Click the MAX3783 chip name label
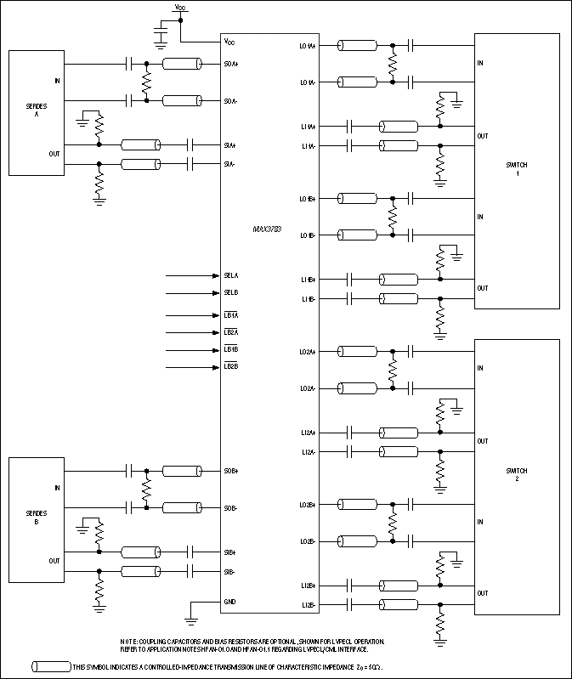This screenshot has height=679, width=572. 267,229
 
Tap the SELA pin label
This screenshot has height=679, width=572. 231,276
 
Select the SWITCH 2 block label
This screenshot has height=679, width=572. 517,475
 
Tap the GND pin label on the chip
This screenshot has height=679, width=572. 230,602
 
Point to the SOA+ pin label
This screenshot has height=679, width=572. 230,64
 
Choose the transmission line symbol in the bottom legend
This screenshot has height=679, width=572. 50,666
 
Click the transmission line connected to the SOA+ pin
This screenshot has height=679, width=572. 181,64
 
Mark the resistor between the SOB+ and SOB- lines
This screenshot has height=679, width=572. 147,489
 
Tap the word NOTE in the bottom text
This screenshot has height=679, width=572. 129,641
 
